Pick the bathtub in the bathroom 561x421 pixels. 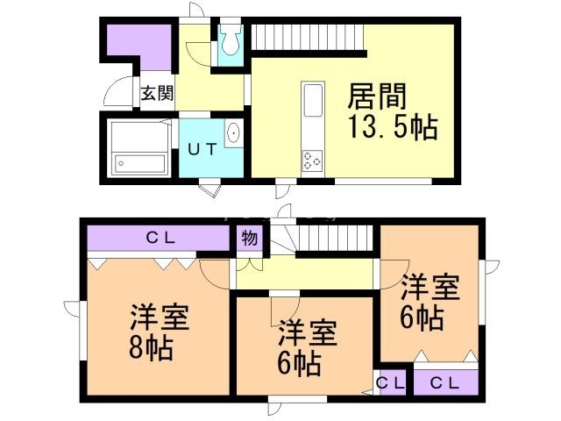140,163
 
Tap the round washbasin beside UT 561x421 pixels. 233,134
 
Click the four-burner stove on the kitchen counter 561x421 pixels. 313,160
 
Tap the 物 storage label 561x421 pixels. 249,239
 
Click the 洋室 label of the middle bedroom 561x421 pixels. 309,334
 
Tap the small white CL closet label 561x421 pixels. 391,382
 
